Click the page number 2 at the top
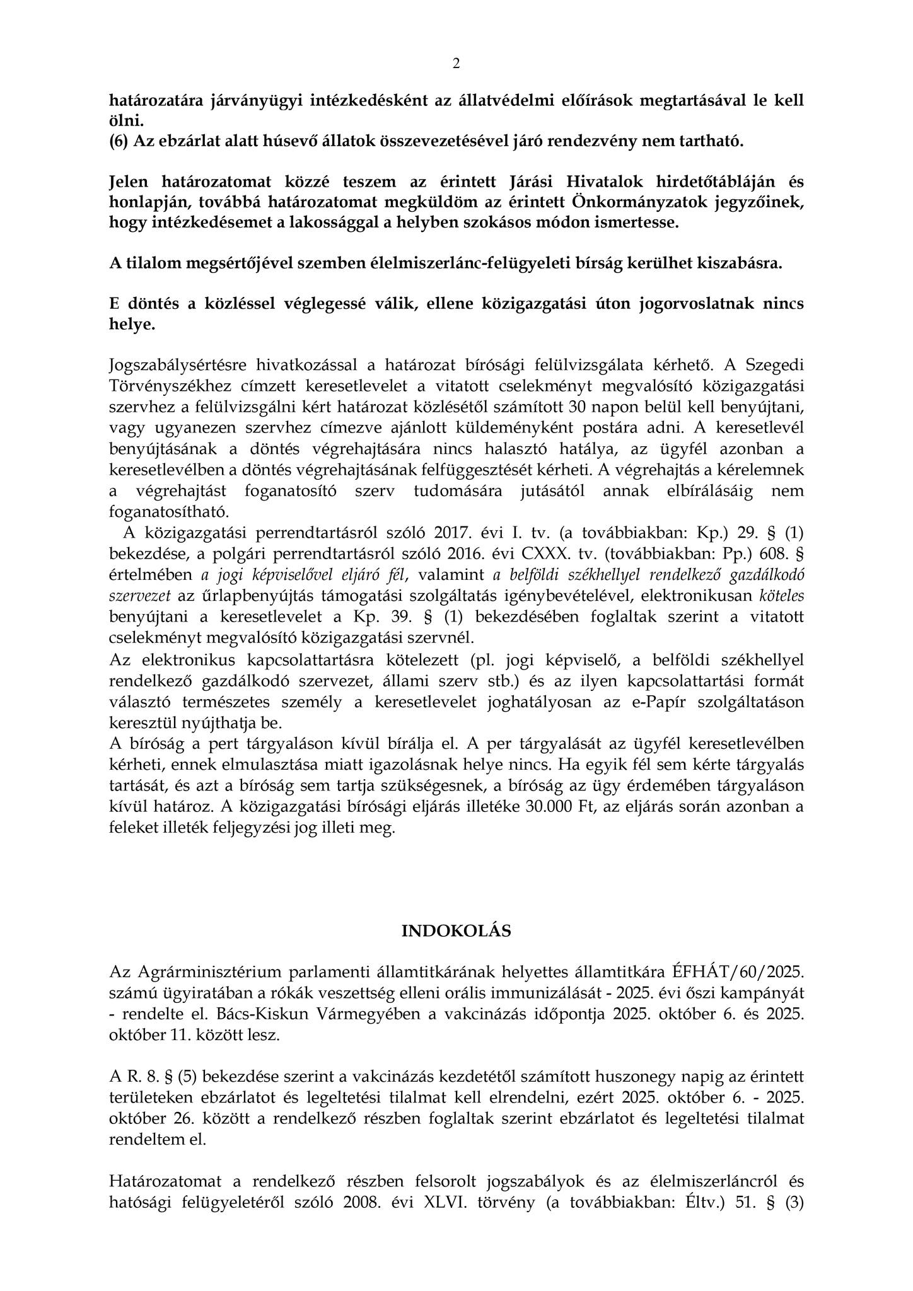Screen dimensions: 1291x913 tap(456, 64)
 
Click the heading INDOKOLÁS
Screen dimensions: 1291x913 tap(456, 931)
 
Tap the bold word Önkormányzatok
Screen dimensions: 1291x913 tap(641, 202)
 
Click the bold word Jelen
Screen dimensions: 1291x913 tap(128, 182)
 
